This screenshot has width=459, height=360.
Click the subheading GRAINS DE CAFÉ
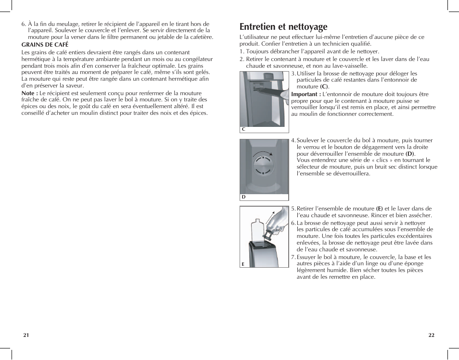click(x=45, y=45)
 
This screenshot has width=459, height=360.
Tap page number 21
click(x=26, y=335)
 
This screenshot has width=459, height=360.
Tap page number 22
click(x=431, y=335)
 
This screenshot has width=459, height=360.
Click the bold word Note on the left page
click(x=29, y=93)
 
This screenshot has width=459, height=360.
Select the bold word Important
click(x=305, y=94)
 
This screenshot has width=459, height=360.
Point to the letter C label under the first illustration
click(x=243, y=129)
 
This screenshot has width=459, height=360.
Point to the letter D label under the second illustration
click(x=243, y=197)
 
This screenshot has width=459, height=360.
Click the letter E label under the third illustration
click(x=243, y=264)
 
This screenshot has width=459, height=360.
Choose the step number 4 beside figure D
click(x=293, y=141)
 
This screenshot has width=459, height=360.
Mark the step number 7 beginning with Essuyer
click(x=293, y=257)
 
